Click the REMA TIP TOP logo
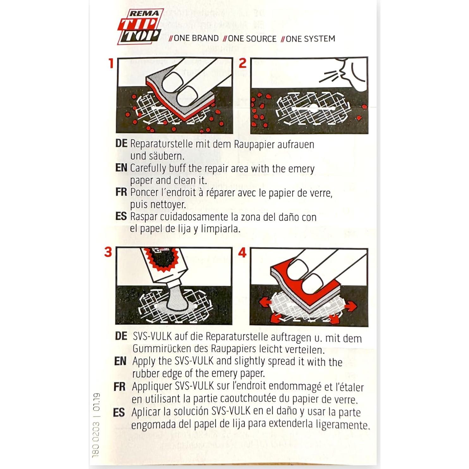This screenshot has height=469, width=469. (140, 27)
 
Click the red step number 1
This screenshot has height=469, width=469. (111, 63)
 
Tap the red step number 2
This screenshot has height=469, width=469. (243, 63)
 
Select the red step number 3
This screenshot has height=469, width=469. (108, 252)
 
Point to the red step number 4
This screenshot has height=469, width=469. (242, 252)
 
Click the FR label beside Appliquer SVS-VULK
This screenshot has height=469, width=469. (120, 386)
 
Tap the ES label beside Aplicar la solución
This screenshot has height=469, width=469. (119, 412)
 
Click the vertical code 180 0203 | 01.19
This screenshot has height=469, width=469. (96, 425)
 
